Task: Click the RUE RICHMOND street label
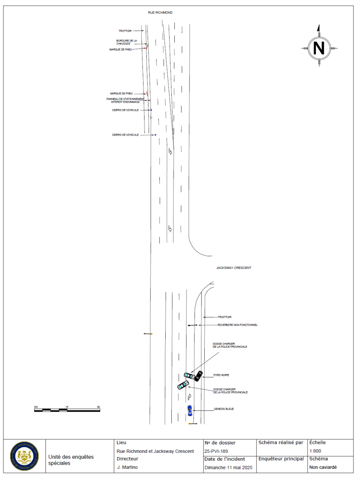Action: pos(160,13)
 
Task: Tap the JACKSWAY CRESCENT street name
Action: pos(234,268)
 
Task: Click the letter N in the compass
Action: pos(319,48)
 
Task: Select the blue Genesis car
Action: pos(190,410)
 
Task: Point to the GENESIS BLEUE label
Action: pos(223,409)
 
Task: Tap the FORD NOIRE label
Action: pos(221,375)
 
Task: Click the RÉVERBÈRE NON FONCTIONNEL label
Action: pos(237,325)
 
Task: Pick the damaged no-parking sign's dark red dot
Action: pos(149,100)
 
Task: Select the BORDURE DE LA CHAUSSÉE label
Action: pos(126,42)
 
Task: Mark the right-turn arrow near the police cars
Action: pos(190,396)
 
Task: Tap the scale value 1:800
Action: pos(315,451)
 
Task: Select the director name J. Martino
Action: pos(125,468)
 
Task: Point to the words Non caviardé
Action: pos(322,468)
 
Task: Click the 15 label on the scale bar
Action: pos(67,407)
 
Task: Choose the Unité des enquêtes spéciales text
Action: pos(71,460)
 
